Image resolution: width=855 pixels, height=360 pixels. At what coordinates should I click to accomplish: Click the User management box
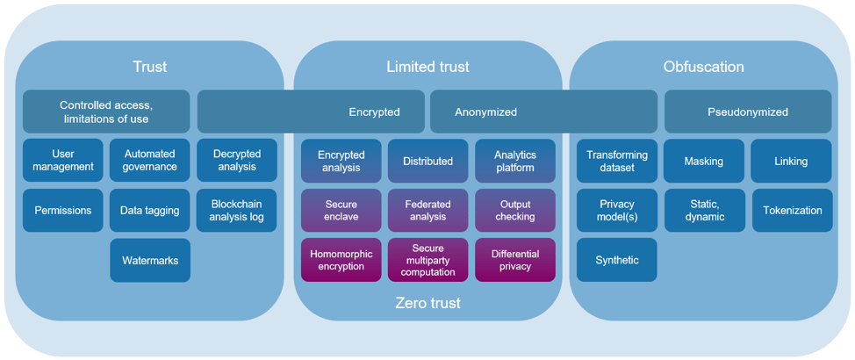tap(63, 161)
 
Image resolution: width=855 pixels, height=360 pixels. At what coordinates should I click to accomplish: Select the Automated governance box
tap(150, 161)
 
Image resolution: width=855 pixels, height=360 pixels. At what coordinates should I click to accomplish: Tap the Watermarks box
tap(150, 261)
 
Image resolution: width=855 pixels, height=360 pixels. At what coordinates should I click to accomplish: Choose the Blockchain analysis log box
tap(237, 211)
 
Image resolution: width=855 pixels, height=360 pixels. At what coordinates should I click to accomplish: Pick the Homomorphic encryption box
tap(341, 261)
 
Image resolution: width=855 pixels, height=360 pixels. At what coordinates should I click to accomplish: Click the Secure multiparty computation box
tap(428, 261)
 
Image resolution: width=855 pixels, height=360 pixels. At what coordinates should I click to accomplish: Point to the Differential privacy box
tap(515, 261)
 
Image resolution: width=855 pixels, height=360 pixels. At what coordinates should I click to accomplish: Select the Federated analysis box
tap(428, 211)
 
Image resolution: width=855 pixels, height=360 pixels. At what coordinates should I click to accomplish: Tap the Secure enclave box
tap(341, 211)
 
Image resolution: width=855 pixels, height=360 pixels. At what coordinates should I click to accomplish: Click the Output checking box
tap(515, 211)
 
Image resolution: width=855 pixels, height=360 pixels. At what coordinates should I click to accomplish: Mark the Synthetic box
tap(617, 261)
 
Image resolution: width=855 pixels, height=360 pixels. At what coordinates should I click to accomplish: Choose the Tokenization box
tap(792, 211)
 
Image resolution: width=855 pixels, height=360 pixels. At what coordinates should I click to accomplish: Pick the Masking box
tap(704, 162)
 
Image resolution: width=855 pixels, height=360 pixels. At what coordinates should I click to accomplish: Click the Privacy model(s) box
tap(617, 211)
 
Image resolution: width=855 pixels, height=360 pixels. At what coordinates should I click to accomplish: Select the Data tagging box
tap(150, 211)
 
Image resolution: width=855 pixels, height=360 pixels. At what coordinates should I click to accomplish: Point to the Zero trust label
tap(428, 304)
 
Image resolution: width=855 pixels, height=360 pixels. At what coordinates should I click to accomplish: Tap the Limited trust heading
tap(428, 67)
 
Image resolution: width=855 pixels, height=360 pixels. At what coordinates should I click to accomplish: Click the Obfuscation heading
tap(704, 67)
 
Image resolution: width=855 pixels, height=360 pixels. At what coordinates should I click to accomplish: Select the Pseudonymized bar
tap(748, 112)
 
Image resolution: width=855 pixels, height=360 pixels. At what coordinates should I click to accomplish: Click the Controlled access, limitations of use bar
tap(106, 112)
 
